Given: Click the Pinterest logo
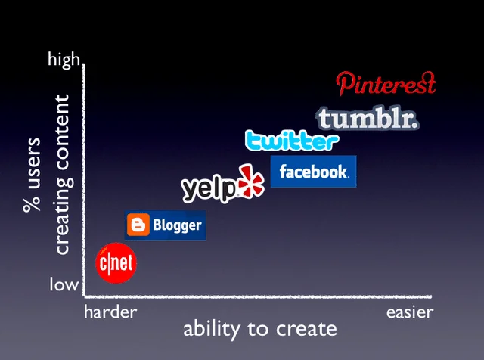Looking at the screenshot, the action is (x=386, y=84).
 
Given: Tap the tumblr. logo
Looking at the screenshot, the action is (x=368, y=119).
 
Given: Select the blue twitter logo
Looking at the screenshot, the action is (x=292, y=141).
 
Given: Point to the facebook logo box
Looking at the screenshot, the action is (x=313, y=172).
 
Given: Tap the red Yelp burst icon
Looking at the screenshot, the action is (x=251, y=181).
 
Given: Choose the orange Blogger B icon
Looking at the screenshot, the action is (x=138, y=225).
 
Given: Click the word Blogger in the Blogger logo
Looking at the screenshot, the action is (x=177, y=225).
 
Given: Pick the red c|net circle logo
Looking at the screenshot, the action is (x=116, y=263).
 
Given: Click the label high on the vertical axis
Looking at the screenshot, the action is (x=64, y=59).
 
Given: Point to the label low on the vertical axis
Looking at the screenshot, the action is (x=64, y=284).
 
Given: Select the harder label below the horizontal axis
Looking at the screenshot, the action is (x=110, y=312).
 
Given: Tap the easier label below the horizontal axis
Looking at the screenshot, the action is (x=410, y=312).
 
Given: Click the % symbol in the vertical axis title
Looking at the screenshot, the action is (x=32, y=202).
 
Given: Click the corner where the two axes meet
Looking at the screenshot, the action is (x=84, y=296).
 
